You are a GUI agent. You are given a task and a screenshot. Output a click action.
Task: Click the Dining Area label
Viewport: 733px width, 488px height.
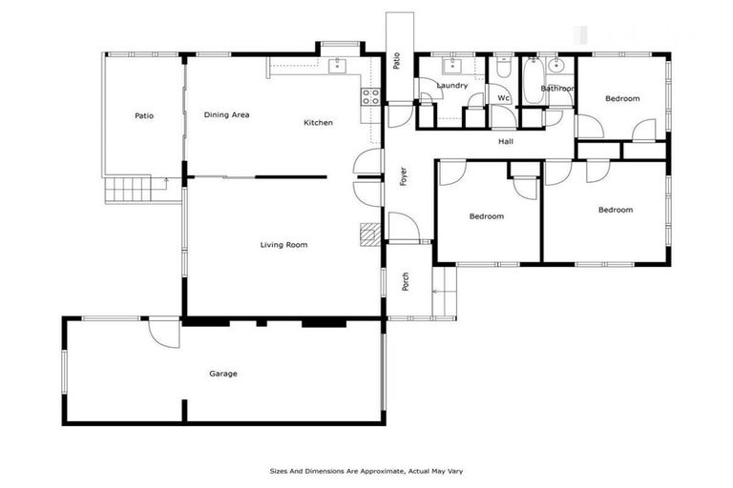(x=226, y=115)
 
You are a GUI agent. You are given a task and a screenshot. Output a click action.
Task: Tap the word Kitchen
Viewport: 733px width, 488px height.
(x=318, y=123)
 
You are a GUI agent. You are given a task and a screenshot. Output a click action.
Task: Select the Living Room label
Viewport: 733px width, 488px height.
(x=283, y=245)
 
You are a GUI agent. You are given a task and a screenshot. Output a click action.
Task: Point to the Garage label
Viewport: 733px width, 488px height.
(x=223, y=374)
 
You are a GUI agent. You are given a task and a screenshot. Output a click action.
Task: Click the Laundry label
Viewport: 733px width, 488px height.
(x=451, y=86)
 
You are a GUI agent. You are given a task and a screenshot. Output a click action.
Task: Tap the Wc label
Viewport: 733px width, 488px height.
(x=503, y=97)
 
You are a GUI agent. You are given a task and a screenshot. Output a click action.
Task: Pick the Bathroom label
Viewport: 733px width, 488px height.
(x=557, y=89)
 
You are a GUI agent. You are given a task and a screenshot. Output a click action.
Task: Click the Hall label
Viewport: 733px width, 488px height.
(x=506, y=142)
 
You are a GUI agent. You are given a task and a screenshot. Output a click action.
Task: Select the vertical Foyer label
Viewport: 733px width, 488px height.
(x=403, y=176)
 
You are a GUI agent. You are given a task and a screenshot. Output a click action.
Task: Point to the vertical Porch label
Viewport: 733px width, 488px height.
(x=405, y=282)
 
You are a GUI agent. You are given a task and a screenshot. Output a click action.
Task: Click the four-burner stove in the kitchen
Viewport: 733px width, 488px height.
(x=370, y=95)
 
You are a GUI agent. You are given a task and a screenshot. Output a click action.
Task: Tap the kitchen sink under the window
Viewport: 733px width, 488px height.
(x=337, y=66)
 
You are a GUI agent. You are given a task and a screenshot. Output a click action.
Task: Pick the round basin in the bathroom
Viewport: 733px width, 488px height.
(x=556, y=66)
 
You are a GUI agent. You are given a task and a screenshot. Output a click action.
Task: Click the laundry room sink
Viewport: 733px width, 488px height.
(x=451, y=66)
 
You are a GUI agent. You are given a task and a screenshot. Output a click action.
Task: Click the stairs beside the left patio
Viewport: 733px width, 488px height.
(x=124, y=190)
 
